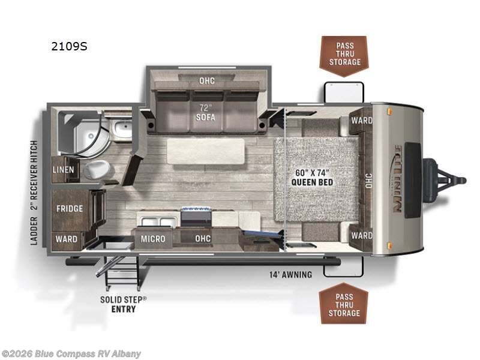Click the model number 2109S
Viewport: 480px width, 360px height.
[x=69, y=46]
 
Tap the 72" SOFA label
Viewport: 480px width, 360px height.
[x=205, y=112]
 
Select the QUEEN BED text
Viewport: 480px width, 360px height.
[x=312, y=182]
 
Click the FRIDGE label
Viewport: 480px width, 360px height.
[x=70, y=209]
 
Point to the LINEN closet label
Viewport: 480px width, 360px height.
[x=64, y=170]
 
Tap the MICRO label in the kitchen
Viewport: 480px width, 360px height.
[x=153, y=239]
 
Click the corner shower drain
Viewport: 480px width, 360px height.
[x=91, y=135]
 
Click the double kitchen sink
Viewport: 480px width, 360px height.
[x=158, y=221]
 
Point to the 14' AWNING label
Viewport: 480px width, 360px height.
[x=291, y=275]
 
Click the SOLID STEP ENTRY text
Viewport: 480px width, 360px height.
[x=124, y=304]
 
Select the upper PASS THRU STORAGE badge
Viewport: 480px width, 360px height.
[x=344, y=56]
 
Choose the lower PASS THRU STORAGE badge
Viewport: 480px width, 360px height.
[x=343, y=304]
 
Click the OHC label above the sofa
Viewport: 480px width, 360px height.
[x=207, y=81]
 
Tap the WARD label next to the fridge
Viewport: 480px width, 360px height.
[x=66, y=239]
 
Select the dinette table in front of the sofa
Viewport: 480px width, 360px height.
[x=206, y=151]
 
